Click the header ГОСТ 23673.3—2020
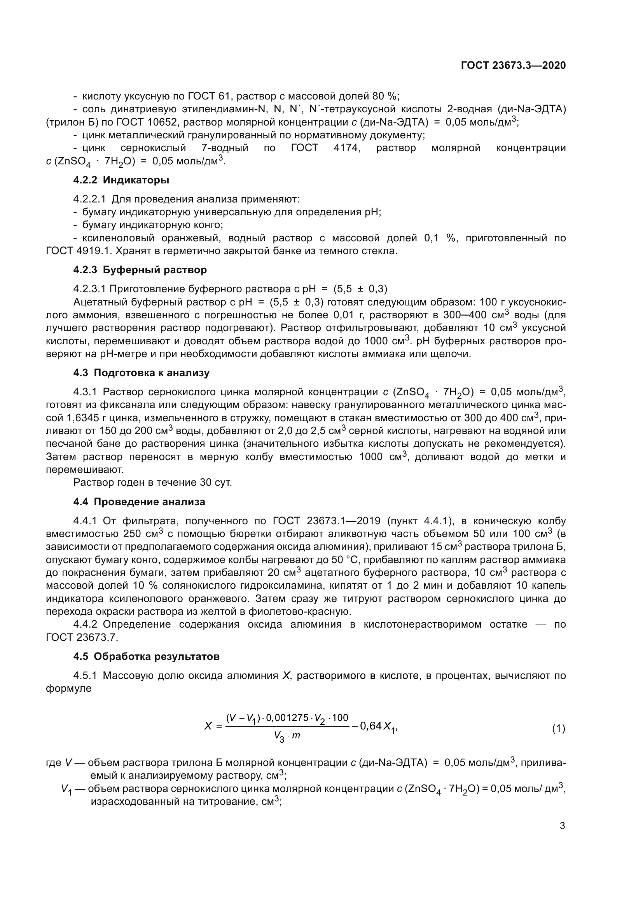513,65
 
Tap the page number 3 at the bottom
562,826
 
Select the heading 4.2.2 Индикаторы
121,180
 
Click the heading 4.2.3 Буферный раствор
140,270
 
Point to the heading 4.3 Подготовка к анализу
142,373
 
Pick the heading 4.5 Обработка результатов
146,656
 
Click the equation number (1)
558,728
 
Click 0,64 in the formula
370,726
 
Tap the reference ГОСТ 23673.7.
82,637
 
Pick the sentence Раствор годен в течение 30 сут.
152,483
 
